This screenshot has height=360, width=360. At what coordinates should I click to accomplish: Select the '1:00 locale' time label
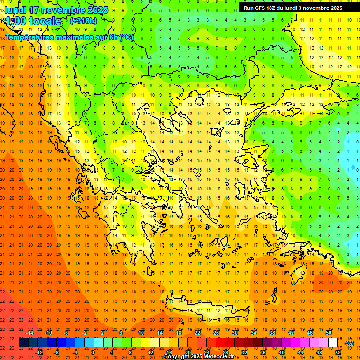(33, 21)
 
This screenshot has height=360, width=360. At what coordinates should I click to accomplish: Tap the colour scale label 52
(338, 352)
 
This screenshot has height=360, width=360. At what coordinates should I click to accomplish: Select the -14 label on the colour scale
(30, 333)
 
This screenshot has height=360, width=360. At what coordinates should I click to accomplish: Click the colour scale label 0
(93, 352)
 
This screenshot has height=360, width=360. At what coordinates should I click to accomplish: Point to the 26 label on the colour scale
(216, 333)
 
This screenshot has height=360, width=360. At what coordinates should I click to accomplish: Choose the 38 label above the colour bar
(272, 333)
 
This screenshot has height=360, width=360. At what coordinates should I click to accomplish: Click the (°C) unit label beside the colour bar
(349, 343)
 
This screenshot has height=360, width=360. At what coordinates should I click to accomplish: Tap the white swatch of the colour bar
(333, 343)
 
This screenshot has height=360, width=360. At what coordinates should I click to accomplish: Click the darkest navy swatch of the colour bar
(23, 343)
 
